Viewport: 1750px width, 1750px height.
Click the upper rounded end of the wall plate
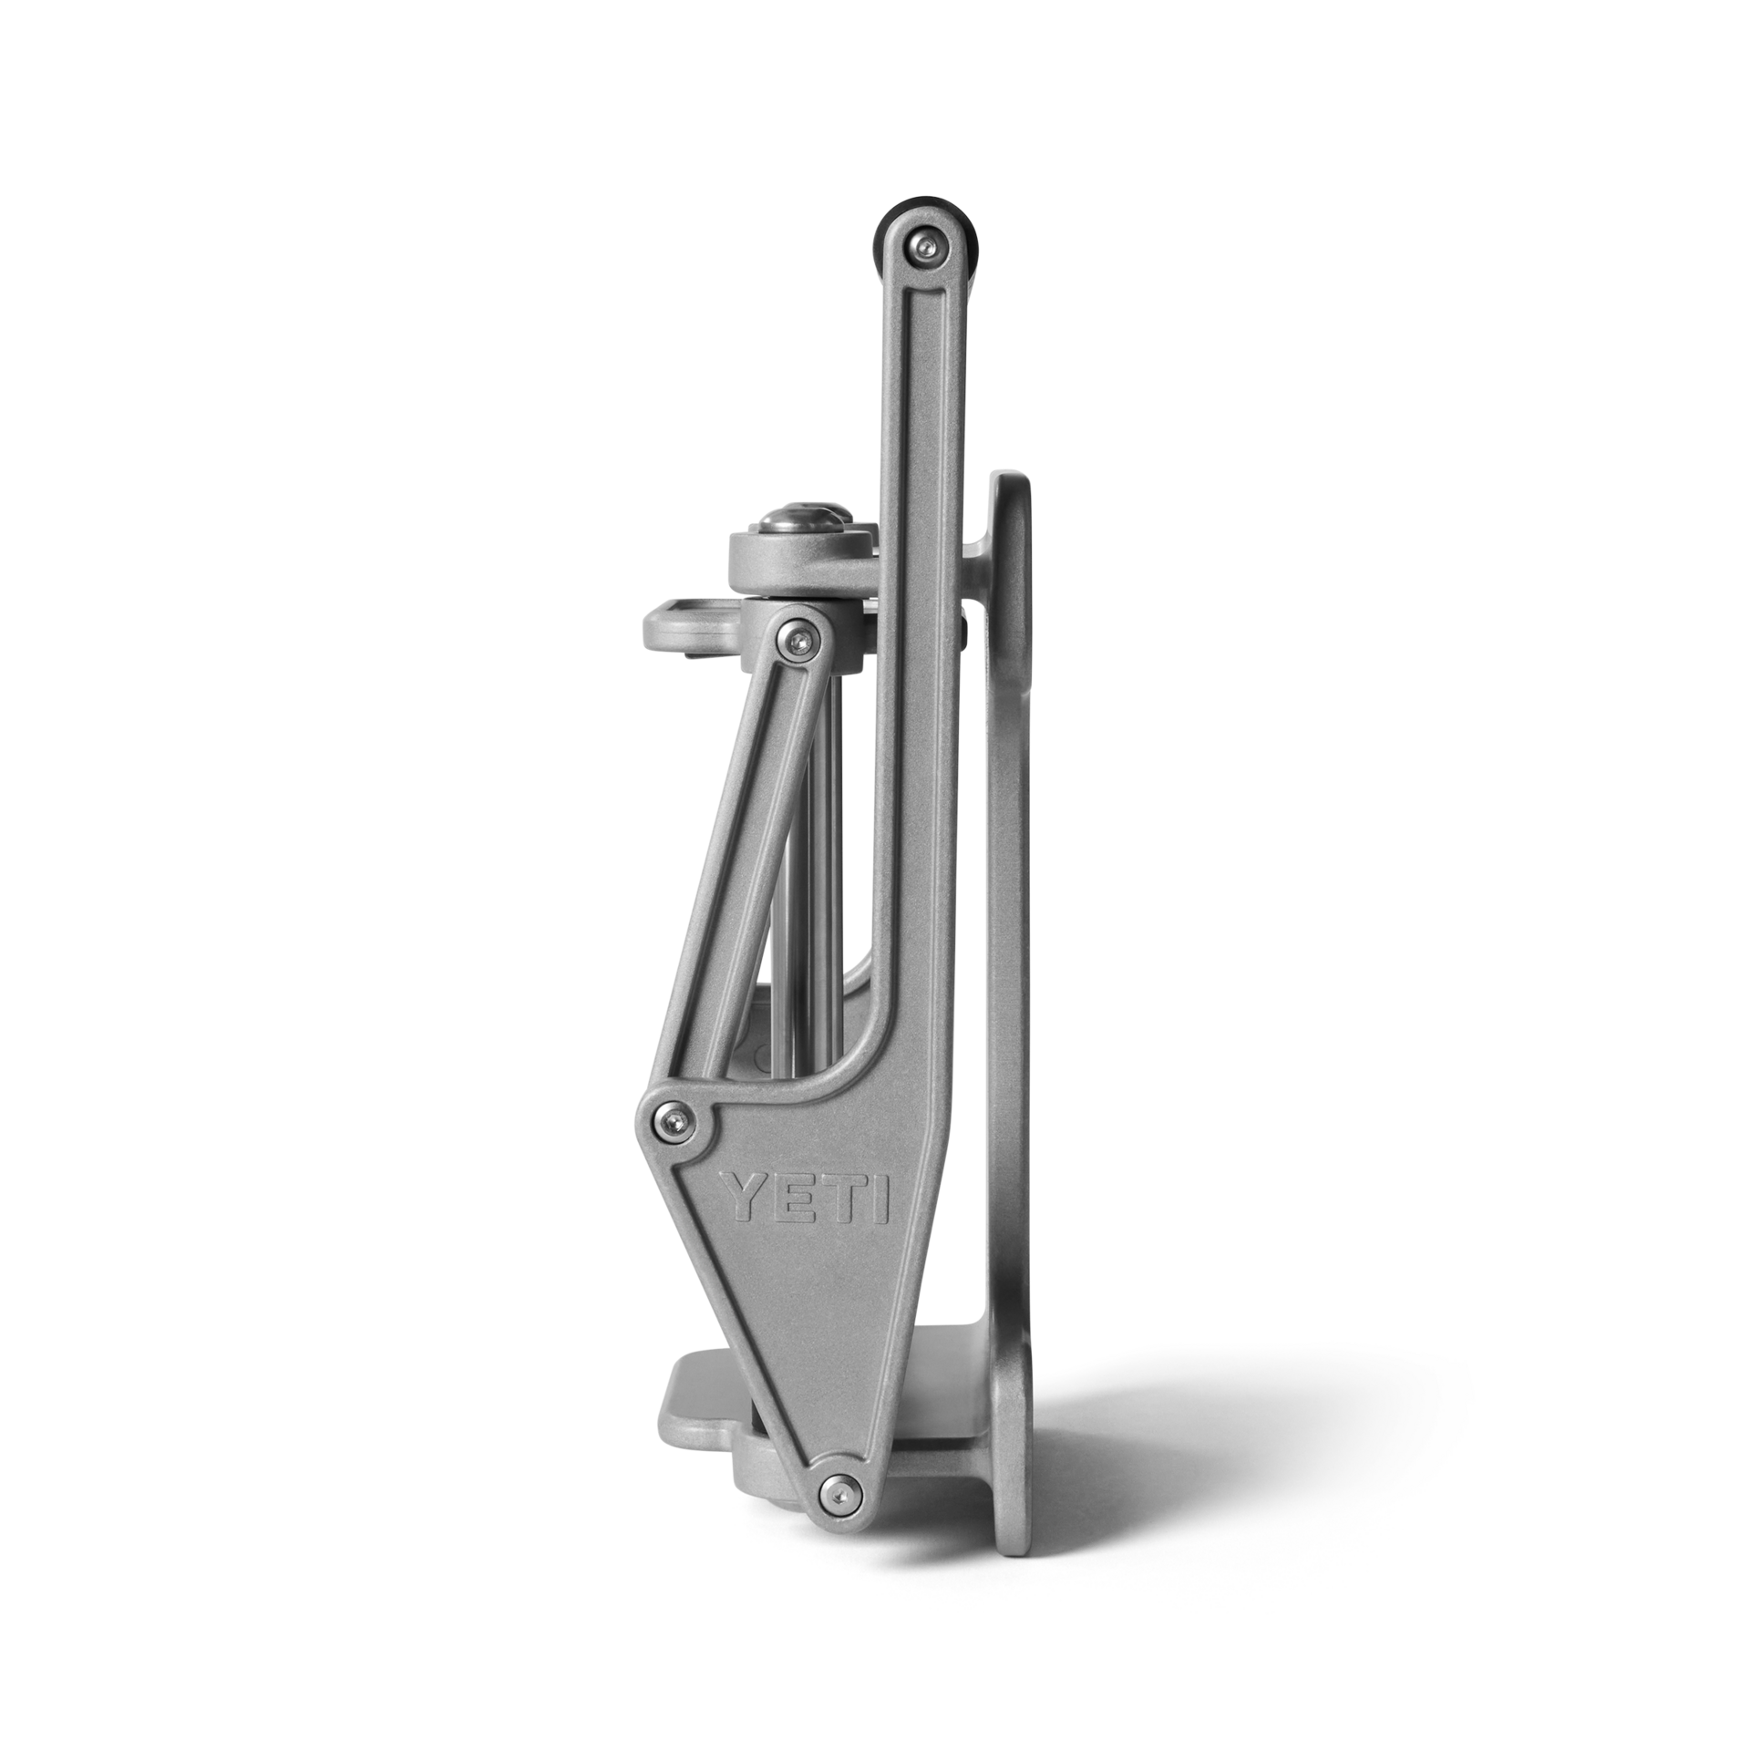tap(1012, 510)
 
